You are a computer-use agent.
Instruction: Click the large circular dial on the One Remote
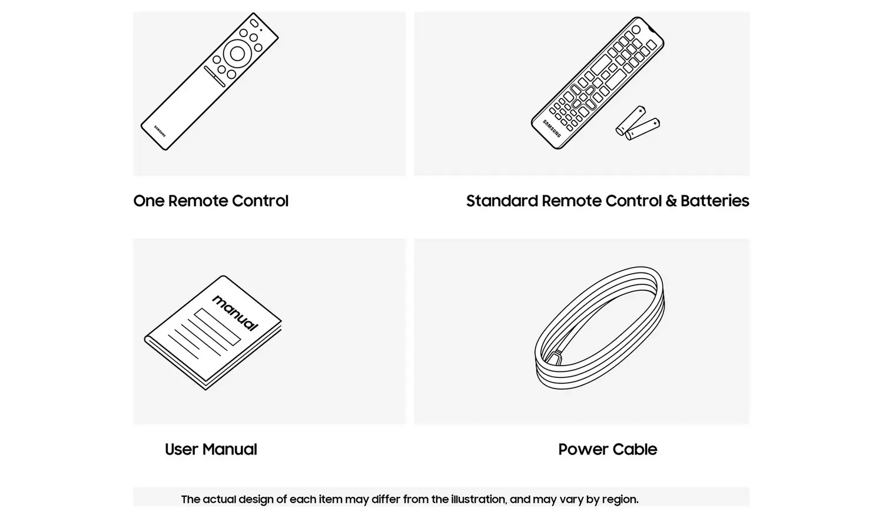click(x=237, y=54)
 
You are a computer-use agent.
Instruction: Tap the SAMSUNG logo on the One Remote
click(x=160, y=131)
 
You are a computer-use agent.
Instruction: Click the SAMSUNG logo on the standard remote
click(x=552, y=128)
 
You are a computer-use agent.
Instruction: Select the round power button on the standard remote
click(x=636, y=29)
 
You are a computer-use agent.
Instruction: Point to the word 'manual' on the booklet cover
click(x=235, y=313)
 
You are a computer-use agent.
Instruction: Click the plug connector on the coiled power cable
click(x=553, y=358)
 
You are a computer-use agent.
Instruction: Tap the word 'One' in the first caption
click(x=148, y=201)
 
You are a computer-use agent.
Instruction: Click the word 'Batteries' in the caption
click(x=715, y=201)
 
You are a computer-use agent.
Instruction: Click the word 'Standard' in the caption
click(x=502, y=201)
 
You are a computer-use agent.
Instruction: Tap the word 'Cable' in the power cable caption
click(x=635, y=449)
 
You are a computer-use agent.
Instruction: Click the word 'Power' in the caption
click(x=583, y=449)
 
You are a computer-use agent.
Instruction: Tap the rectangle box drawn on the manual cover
click(x=217, y=327)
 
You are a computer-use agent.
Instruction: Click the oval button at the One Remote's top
click(x=254, y=24)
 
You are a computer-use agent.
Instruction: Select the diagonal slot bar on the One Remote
click(x=214, y=77)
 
